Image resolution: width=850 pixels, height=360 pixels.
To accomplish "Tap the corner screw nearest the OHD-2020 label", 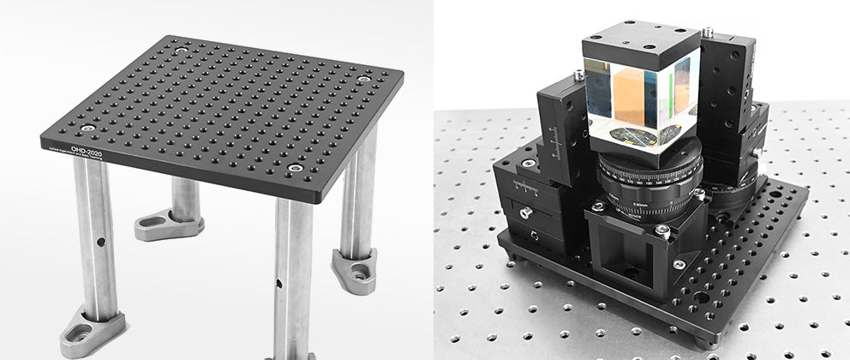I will [x=86, y=129].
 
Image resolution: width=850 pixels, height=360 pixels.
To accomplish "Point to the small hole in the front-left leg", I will [x=102, y=243].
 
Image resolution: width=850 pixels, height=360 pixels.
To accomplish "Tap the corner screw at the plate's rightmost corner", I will [x=364, y=80].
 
